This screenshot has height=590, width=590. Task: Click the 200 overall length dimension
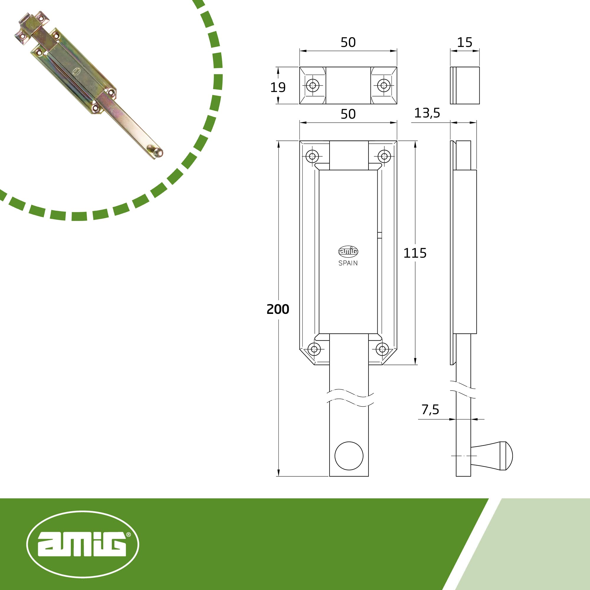point(278,309)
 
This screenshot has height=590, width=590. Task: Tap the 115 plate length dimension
point(415,253)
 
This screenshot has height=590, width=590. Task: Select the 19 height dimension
point(278,88)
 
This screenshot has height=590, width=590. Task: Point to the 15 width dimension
point(465,42)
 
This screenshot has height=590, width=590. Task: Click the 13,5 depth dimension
point(427,113)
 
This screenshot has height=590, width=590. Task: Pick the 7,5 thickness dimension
point(430,410)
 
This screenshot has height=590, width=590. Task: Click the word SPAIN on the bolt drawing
point(348,263)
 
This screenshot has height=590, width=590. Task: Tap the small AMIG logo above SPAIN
point(348,251)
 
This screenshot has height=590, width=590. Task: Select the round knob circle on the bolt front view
point(349,456)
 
